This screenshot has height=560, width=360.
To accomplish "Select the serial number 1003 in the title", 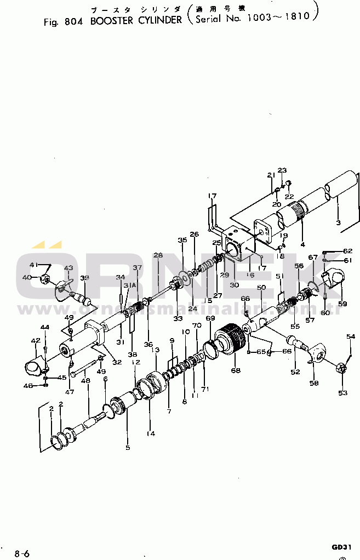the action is click(259, 18).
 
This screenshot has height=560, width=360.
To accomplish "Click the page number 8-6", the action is click(22, 553).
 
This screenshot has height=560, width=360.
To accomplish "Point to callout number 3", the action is click(338, 223).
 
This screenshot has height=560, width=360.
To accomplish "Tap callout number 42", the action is click(36, 341).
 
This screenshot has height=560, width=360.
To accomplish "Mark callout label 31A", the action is click(129, 285).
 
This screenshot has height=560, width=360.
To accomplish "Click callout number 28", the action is click(158, 255).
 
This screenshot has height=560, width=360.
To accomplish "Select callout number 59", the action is click(342, 304).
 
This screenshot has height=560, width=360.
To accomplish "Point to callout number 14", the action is click(151, 433).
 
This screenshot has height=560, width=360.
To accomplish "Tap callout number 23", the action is click(282, 170).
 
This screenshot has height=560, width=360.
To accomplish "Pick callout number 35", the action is click(182, 240).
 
